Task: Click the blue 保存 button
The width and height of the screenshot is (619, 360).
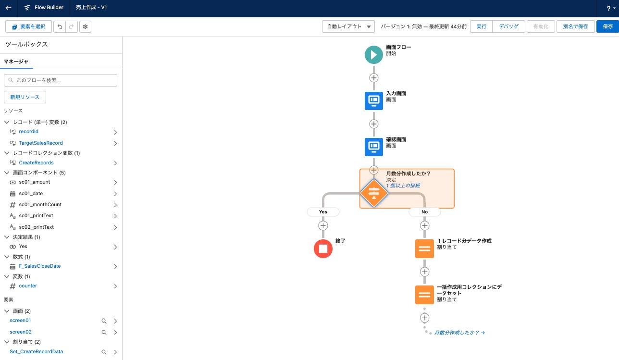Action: tap(607, 26)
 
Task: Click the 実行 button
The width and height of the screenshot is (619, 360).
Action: tap(481, 26)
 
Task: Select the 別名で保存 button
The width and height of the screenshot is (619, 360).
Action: tap(575, 26)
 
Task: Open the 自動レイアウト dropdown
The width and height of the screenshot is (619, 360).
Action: tap(348, 26)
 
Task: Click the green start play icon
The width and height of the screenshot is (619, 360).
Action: tap(374, 54)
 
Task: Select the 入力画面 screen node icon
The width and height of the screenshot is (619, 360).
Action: tap(374, 100)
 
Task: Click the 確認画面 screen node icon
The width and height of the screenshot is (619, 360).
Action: tap(374, 147)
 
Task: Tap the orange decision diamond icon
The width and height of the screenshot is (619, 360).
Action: tap(374, 193)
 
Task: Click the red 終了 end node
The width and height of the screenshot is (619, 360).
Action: tap(323, 248)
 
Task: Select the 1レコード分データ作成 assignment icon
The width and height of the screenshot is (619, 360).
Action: tap(424, 248)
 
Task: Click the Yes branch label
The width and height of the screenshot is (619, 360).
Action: tap(323, 211)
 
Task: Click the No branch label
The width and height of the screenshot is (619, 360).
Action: tap(424, 211)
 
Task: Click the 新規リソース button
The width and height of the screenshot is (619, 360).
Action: tap(25, 97)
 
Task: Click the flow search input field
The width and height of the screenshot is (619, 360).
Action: tap(61, 80)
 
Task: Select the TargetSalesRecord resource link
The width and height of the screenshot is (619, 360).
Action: tap(41, 143)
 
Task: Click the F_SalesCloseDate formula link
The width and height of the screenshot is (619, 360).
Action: tap(40, 266)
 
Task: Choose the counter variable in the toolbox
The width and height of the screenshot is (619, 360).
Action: tap(28, 286)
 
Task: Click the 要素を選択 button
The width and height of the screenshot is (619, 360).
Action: tap(28, 26)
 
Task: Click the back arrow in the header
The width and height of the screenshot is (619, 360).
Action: tap(8, 8)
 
